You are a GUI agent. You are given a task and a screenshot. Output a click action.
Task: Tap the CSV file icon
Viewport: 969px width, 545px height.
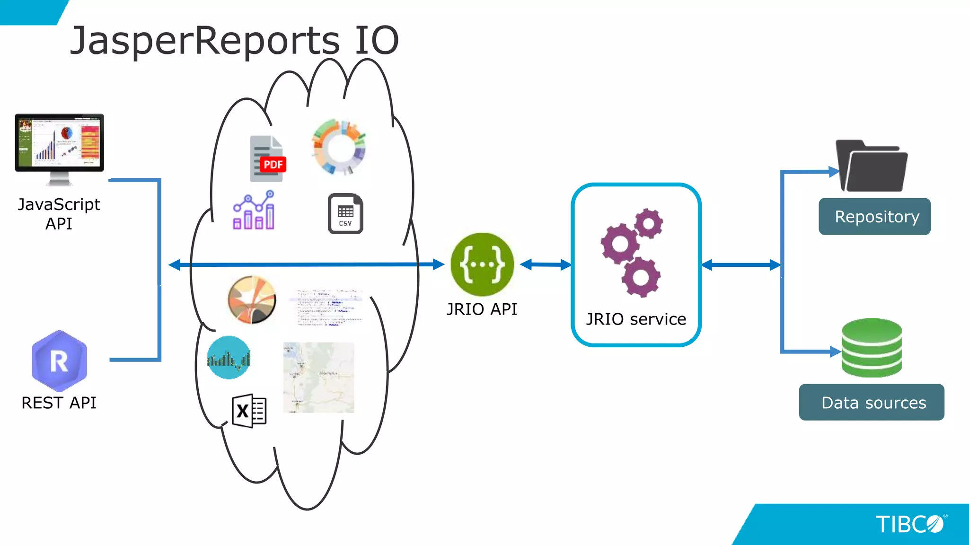345,213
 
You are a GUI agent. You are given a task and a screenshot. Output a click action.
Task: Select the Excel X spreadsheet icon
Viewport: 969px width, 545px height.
249,411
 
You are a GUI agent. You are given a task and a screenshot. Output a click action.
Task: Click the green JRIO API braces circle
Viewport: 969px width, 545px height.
482,264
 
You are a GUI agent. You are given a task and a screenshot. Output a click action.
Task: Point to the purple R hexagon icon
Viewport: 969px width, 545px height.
59,360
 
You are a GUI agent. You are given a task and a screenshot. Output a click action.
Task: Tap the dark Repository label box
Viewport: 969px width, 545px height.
874,217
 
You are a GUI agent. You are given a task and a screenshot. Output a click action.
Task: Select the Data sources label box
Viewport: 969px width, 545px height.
871,402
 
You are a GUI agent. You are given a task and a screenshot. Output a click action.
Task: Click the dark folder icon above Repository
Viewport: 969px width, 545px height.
872,166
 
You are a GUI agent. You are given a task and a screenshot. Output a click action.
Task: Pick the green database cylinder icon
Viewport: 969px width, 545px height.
872,348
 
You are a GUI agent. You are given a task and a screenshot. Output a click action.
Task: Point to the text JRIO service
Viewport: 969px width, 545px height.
635,319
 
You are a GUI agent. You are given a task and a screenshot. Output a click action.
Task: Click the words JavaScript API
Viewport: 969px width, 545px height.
59,213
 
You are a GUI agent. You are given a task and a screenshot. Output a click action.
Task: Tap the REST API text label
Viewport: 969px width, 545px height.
59,403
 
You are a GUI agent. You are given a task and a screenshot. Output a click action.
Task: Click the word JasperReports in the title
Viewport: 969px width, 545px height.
205,41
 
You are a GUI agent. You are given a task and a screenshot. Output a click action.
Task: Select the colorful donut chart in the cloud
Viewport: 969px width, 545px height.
339,147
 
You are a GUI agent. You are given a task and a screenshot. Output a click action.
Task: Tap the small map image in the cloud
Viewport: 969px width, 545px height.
318,378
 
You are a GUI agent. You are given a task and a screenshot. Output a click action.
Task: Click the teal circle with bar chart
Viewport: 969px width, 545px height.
229,358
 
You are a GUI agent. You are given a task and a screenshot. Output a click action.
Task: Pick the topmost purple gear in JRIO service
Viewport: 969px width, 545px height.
648,223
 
